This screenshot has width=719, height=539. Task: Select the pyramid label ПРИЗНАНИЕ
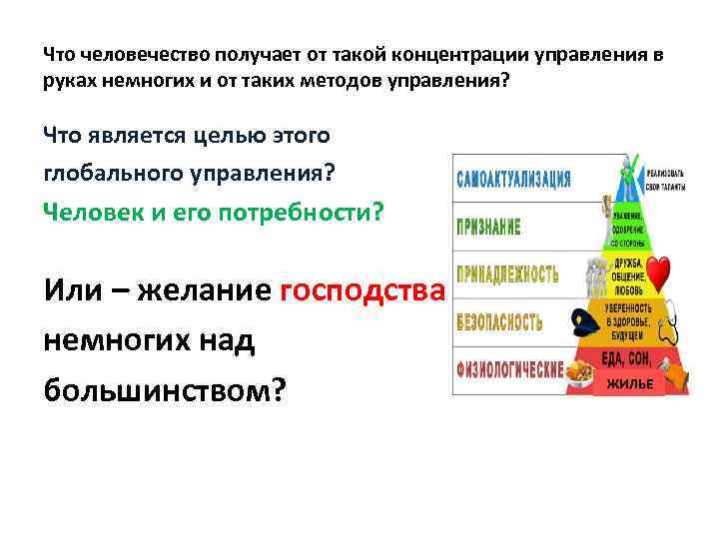[488, 227]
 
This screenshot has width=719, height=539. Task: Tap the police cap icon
[584, 320]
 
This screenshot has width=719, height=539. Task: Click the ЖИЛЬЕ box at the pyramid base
[630, 383]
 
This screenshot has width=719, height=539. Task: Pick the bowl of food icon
[578, 372]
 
